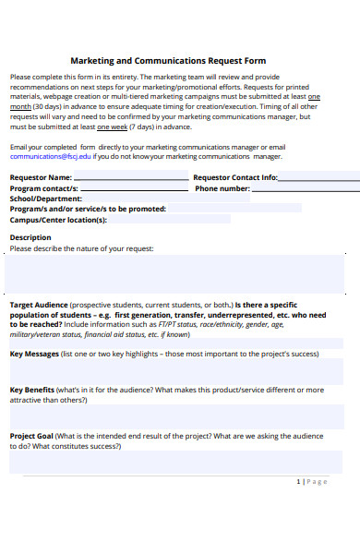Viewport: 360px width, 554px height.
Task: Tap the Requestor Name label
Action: pyautogui.click(x=41, y=176)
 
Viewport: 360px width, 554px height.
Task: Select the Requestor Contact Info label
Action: pyautogui.click(x=234, y=176)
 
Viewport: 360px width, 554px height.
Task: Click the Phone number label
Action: pyautogui.click(x=222, y=188)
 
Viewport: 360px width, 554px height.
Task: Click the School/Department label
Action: pyautogui.click(x=45, y=199)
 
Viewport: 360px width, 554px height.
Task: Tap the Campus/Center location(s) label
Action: pyautogui.click(x=58, y=220)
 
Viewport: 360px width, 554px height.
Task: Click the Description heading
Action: pyautogui.click(x=30, y=237)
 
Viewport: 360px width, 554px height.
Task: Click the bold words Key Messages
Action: pyautogui.click(x=35, y=354)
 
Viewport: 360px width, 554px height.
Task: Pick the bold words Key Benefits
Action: pyautogui.click(x=33, y=390)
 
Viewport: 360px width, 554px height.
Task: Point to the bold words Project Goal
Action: pyautogui.click(x=31, y=436)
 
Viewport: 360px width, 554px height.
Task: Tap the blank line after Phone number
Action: pyautogui.click(x=305, y=190)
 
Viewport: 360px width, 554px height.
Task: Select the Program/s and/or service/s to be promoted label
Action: pyautogui.click(x=88, y=209)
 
